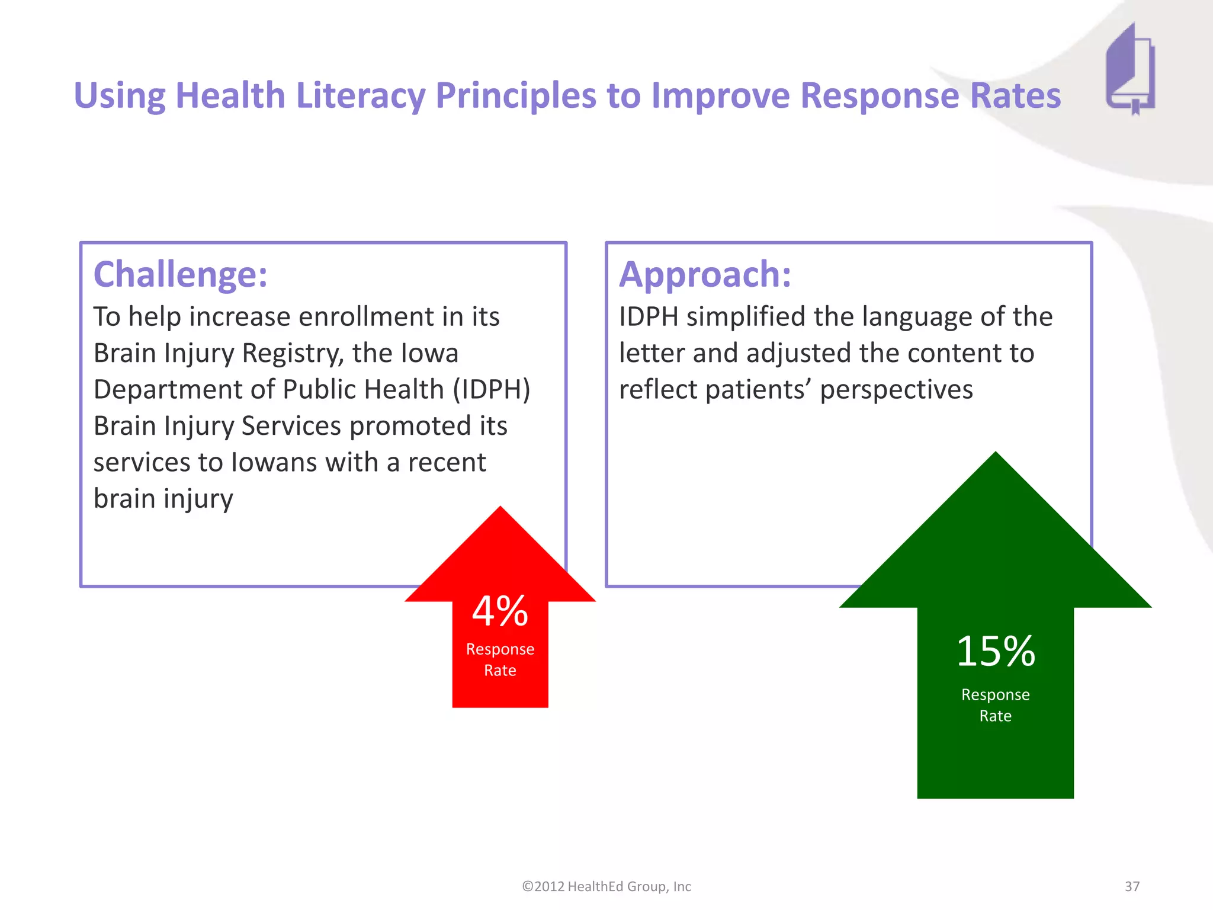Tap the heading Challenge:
(181, 275)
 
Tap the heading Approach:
(705, 275)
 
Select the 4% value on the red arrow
(500, 611)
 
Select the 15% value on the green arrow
(996, 652)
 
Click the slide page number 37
(1132, 886)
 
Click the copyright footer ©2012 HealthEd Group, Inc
(606, 886)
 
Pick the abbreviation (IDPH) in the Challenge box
(492, 390)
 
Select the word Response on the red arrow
(500, 649)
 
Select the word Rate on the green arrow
(996, 716)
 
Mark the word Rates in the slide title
(1015, 96)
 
